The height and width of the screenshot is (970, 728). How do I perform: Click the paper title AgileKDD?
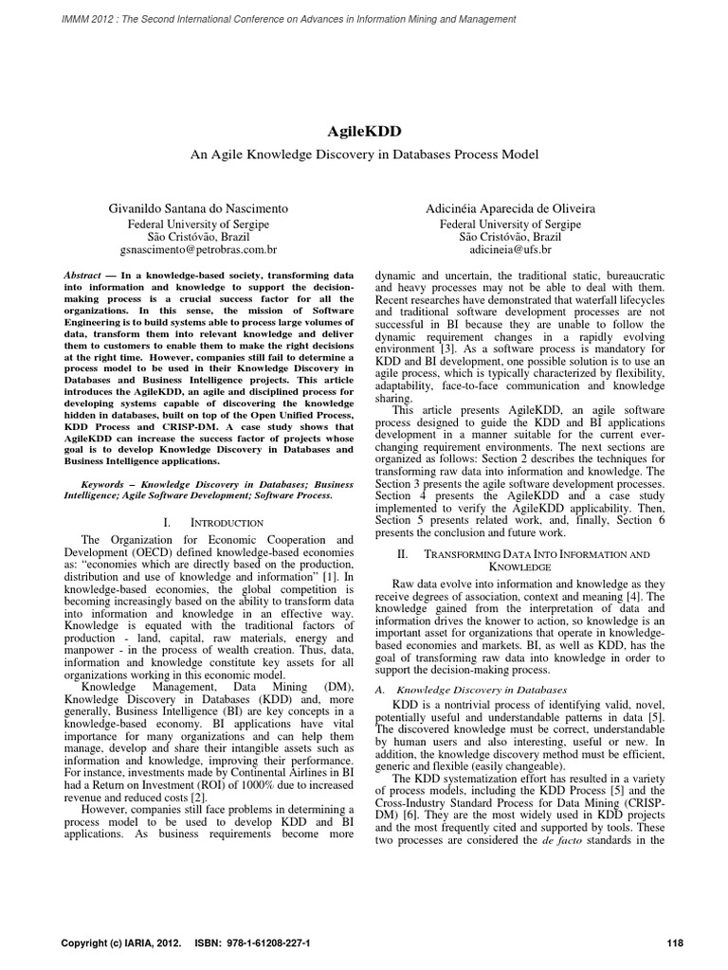363,131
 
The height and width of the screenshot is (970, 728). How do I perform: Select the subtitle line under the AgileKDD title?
363,153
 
